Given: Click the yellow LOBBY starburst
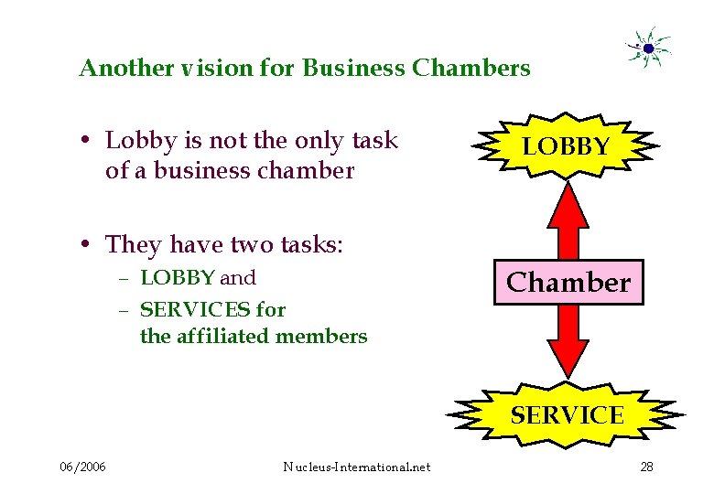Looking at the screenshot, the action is pos(567,146).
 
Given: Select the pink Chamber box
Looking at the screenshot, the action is pos(568,283).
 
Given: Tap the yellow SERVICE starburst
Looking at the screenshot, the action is pos(567,416).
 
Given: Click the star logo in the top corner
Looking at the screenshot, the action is pos(647,47).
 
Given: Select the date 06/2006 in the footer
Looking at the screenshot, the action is pos(82,467).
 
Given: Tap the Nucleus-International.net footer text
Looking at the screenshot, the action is pos(357,467).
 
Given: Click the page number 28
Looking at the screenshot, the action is pos(646,467).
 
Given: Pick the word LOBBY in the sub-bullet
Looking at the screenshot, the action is pos(178,278).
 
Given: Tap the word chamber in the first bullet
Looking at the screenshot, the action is pos(309,170).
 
